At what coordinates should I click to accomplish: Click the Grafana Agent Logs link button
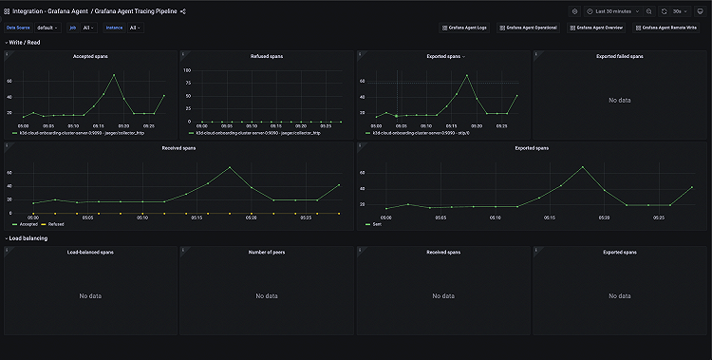click(x=468, y=28)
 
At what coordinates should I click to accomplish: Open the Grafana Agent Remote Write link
click(x=670, y=28)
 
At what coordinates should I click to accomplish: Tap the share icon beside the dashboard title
click(x=183, y=11)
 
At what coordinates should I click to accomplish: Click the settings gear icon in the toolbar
click(x=574, y=11)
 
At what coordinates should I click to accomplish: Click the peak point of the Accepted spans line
click(x=114, y=74)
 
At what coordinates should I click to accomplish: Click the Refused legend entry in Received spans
click(x=56, y=224)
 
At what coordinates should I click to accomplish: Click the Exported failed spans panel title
click(x=619, y=56)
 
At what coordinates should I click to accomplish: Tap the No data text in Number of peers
click(x=267, y=295)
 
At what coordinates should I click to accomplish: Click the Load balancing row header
click(x=28, y=237)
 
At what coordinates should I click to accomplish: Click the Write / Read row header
click(x=26, y=43)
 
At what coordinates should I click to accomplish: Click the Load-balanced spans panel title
click(x=90, y=252)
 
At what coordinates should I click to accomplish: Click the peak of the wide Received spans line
click(x=230, y=167)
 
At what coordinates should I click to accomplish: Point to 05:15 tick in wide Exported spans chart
click(x=550, y=217)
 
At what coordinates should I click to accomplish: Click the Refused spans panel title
click(x=267, y=56)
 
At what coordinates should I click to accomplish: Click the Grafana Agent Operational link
click(x=531, y=28)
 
